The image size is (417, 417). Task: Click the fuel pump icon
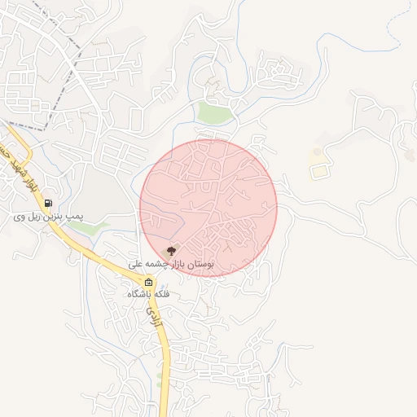(x=49, y=204)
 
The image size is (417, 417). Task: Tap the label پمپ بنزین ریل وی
(x=48, y=217)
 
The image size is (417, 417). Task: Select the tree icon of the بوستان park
(x=171, y=252)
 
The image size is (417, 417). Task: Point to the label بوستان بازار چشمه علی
(x=171, y=265)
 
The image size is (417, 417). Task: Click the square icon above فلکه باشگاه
(x=148, y=283)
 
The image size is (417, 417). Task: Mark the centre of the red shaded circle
(x=208, y=208)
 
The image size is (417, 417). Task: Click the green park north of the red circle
(x=215, y=112)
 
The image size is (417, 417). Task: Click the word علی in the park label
(x=136, y=265)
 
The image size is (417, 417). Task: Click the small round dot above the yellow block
(x=317, y=151)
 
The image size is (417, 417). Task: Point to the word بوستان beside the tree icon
(x=200, y=265)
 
